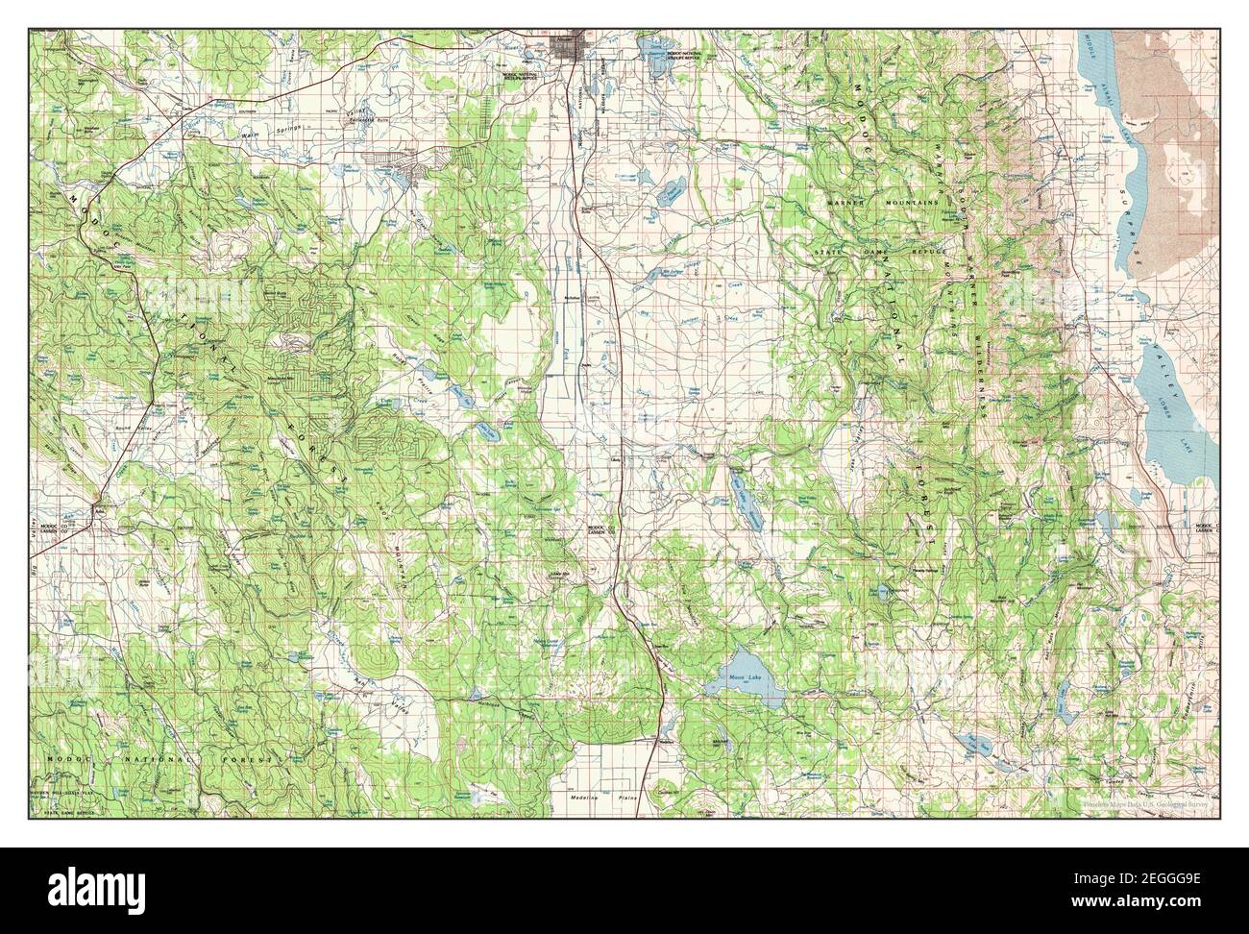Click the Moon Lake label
click(x=737, y=677)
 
